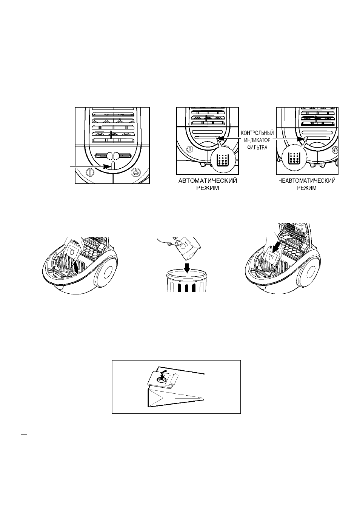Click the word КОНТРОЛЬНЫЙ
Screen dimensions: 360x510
click(257, 133)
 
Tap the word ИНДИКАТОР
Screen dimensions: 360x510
click(257, 140)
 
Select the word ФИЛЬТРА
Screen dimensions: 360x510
click(257, 148)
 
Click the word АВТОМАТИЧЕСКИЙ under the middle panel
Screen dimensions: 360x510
click(208, 181)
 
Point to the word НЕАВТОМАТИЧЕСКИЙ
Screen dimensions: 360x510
click(307, 181)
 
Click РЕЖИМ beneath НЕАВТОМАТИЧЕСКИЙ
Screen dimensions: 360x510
click(307, 188)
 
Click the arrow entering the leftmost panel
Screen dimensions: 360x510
click(90, 166)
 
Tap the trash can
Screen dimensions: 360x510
click(187, 281)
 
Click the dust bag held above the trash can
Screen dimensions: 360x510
click(188, 248)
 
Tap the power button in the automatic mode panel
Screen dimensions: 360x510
click(189, 150)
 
